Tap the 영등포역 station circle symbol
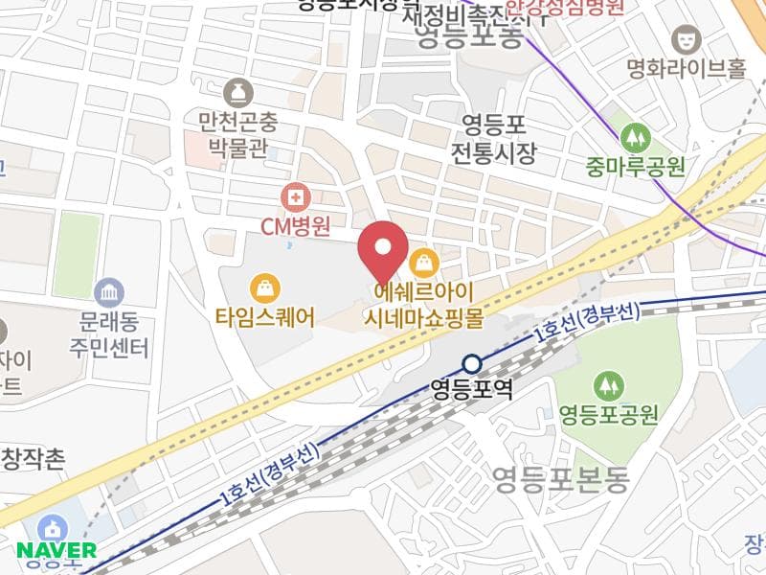click(x=472, y=364)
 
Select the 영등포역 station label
click(x=472, y=390)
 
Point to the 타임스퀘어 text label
click(x=264, y=317)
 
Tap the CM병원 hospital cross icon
click(x=296, y=198)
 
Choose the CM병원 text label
click(x=296, y=227)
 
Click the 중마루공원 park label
click(x=636, y=168)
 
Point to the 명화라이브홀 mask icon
click(x=686, y=39)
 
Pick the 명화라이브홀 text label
click(x=686, y=69)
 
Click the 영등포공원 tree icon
click(x=608, y=386)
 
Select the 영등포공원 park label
click(x=608, y=415)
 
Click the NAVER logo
click(x=56, y=550)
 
